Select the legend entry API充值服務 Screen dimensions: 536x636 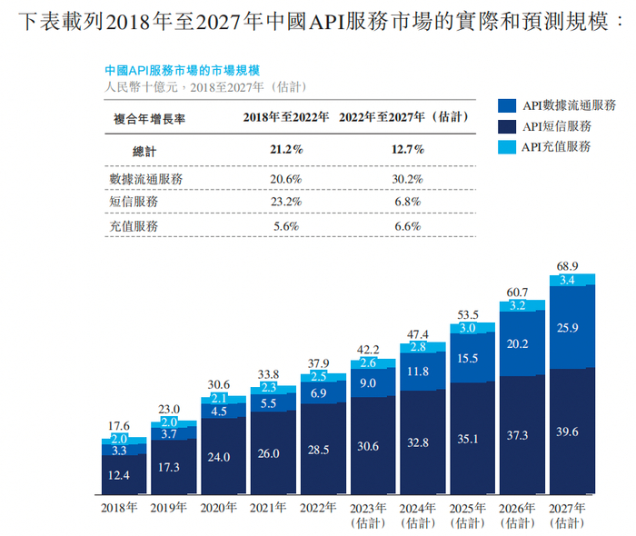[556, 146]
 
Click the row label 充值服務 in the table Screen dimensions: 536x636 [133, 224]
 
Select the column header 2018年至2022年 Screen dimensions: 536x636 [285, 117]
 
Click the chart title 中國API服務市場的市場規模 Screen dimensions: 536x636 [182, 70]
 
